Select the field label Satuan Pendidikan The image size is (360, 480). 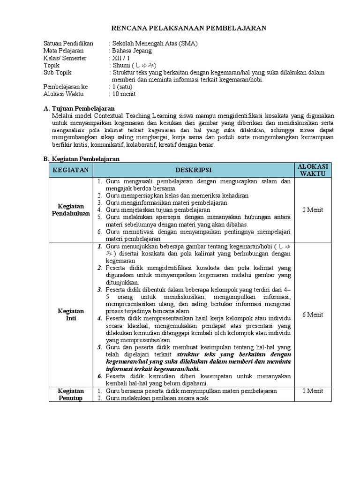68,43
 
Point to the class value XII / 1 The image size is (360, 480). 120,58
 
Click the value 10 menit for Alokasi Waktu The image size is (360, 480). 124,94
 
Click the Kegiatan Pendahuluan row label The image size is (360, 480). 70,210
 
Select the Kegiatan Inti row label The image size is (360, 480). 70,314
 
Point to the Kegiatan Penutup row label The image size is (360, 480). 70,394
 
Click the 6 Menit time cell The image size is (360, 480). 313,314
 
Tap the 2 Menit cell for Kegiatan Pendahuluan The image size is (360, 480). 313,210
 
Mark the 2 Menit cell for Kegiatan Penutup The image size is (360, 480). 313,390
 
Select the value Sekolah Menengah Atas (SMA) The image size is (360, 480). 154,43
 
